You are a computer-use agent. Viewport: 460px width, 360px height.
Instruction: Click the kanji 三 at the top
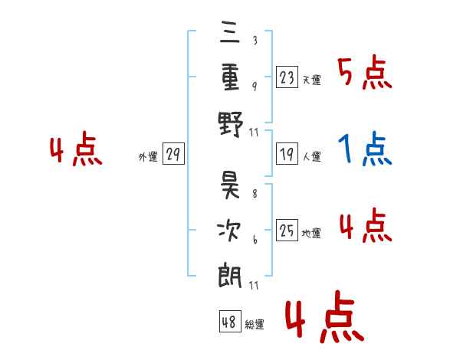point(231,33)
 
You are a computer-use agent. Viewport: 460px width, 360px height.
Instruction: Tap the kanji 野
point(231,123)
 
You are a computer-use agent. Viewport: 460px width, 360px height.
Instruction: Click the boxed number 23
point(287,77)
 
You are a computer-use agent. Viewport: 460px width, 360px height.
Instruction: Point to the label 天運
point(311,80)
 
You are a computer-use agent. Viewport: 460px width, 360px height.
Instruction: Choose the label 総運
point(254,324)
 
